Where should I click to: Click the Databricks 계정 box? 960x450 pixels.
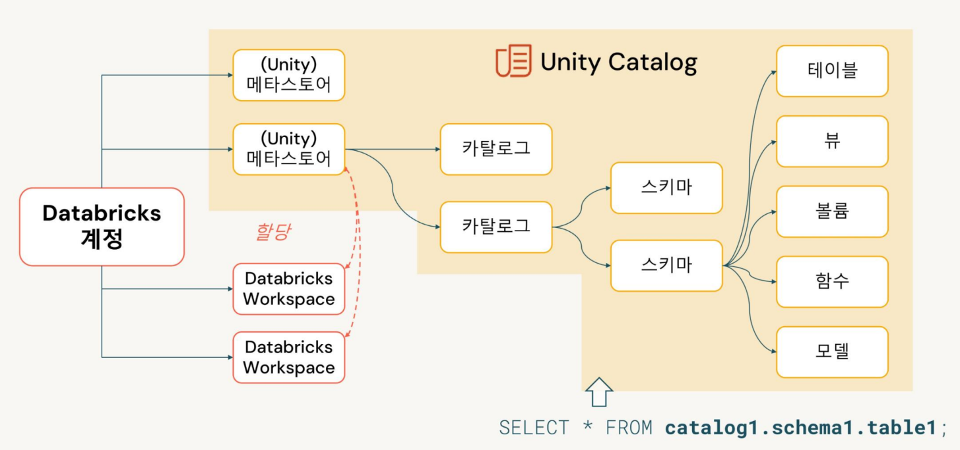click(x=102, y=226)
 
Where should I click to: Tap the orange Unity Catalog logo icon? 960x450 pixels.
click(x=513, y=61)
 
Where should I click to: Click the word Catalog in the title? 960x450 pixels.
click(x=653, y=62)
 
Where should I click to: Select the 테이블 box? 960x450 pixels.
click(x=832, y=70)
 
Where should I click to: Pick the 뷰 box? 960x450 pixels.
click(x=832, y=141)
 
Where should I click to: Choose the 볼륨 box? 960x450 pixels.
click(x=832, y=211)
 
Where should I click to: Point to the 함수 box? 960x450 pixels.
click(x=832, y=281)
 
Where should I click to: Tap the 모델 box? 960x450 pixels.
click(x=832, y=351)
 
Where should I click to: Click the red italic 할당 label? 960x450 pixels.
click(x=272, y=232)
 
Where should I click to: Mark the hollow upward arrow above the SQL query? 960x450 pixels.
click(x=599, y=392)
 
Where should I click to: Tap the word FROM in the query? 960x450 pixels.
click(x=629, y=428)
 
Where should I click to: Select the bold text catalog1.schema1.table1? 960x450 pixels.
click(x=800, y=428)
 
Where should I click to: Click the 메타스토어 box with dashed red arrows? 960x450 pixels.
click(x=288, y=149)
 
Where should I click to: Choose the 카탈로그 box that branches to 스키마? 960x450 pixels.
click(x=496, y=227)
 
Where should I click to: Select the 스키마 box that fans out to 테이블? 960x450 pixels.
click(x=666, y=266)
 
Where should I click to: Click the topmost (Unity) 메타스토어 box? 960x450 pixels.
click(x=288, y=74)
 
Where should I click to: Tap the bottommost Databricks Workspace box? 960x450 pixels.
click(x=288, y=357)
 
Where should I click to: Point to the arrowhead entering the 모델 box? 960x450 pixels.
click(x=773, y=351)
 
